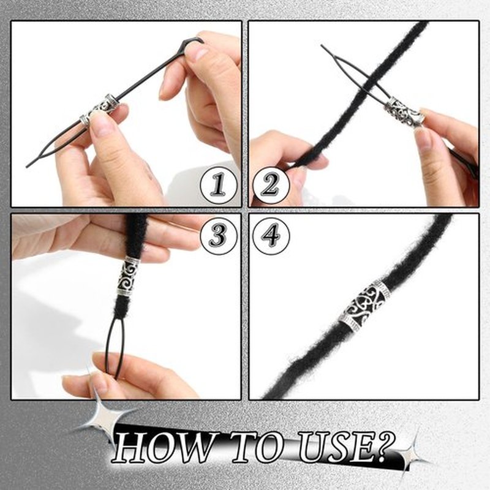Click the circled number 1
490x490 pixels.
[x=219, y=186]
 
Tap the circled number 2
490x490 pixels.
[x=271, y=186]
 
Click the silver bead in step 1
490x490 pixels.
[x=99, y=110]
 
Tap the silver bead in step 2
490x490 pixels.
[x=404, y=113]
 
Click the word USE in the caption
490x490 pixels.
[x=336, y=448]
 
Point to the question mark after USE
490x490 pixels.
[x=385, y=445]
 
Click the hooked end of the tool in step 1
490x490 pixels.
[x=193, y=40]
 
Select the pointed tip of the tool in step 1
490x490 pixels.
[x=27, y=166]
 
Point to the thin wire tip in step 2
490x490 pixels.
[x=322, y=46]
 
